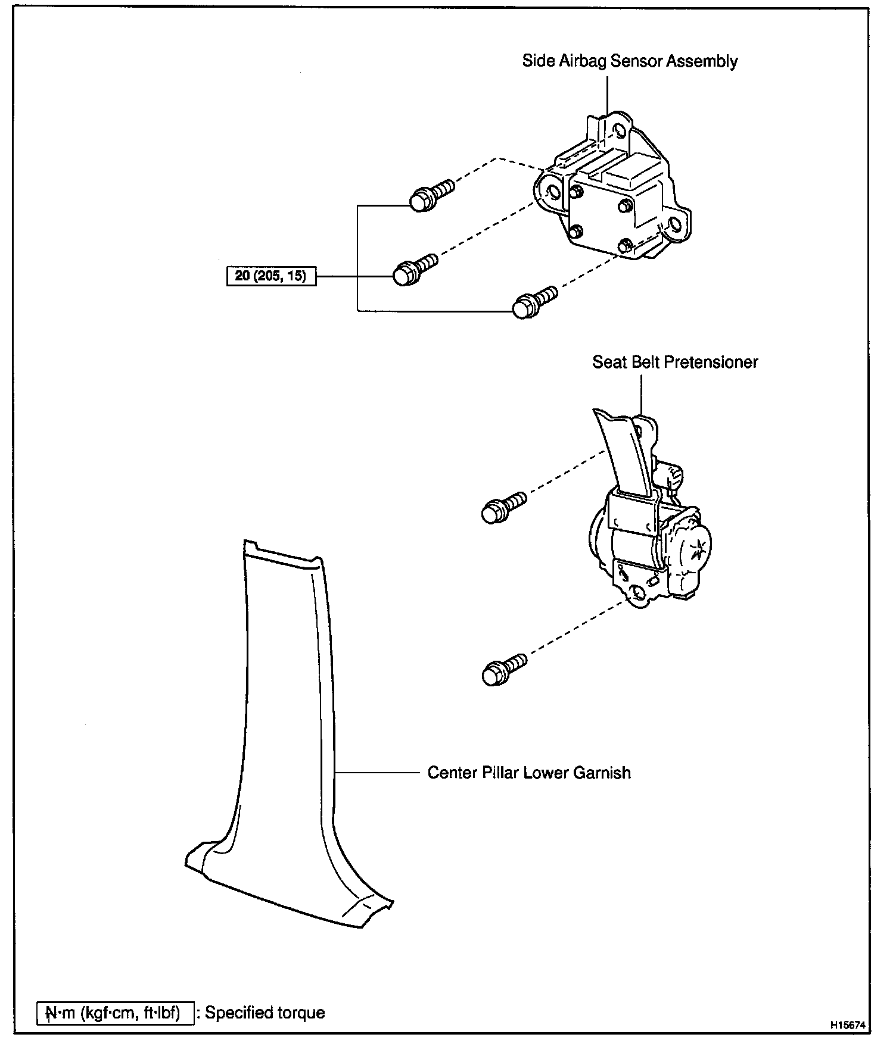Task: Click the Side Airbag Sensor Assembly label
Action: pos(630,61)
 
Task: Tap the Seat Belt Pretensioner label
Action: pos(674,362)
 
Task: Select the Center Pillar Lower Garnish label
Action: pos(529,773)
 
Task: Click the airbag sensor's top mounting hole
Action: pos(620,130)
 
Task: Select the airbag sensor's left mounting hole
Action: pos(552,192)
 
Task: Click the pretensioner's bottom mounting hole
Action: pos(637,592)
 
